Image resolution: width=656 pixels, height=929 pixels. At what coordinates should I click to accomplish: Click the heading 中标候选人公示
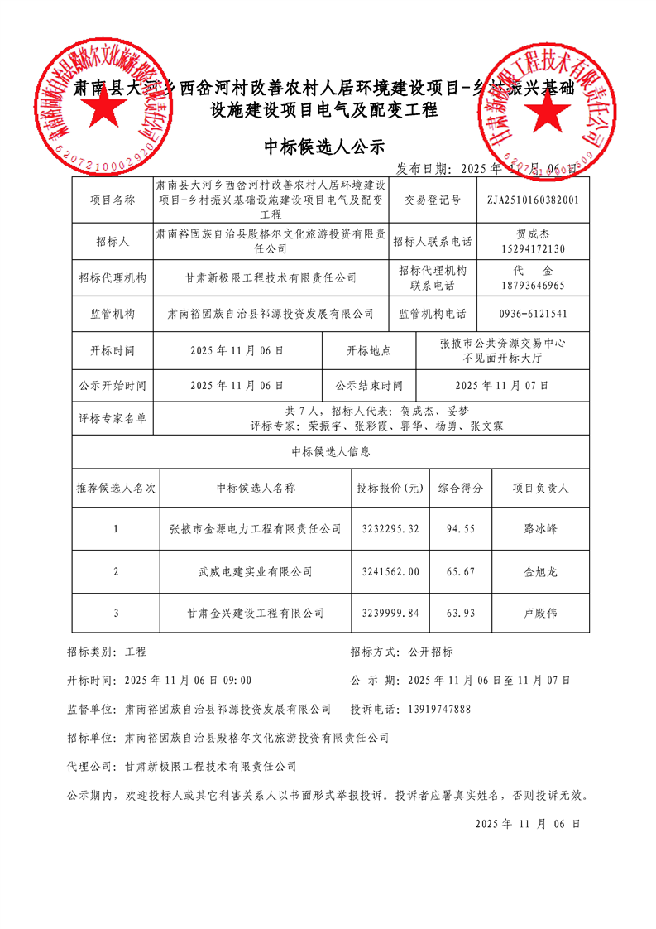(324, 147)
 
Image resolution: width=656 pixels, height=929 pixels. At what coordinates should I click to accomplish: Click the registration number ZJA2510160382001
(533, 200)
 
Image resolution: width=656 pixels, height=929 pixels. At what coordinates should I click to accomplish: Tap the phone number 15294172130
(533, 248)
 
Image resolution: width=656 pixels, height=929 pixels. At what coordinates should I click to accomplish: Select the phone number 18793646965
(533, 285)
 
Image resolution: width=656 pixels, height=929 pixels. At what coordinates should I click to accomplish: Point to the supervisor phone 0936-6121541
(533, 315)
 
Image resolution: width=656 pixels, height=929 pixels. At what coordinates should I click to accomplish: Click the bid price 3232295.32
(390, 529)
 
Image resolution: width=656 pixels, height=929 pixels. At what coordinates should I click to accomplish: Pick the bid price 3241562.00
(390, 571)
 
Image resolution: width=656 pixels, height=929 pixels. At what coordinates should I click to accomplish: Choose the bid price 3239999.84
(390, 614)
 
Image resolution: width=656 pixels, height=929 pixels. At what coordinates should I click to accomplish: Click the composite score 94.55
(461, 529)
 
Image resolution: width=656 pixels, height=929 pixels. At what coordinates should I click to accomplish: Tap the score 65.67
(461, 571)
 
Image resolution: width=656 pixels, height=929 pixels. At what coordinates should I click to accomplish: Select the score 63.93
(461, 614)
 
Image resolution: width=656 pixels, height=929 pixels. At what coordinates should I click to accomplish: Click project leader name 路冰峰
(540, 529)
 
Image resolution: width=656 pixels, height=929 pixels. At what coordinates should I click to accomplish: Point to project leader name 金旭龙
(540, 571)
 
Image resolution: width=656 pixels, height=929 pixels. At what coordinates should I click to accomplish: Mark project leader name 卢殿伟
(540, 614)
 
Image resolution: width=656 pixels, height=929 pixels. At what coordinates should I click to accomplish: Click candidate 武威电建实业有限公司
(255, 571)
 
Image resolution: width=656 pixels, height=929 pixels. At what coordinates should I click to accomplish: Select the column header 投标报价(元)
(390, 489)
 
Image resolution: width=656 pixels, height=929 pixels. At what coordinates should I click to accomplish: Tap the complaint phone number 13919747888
(440, 710)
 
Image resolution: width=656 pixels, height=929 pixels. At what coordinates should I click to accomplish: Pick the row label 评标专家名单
(112, 419)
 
